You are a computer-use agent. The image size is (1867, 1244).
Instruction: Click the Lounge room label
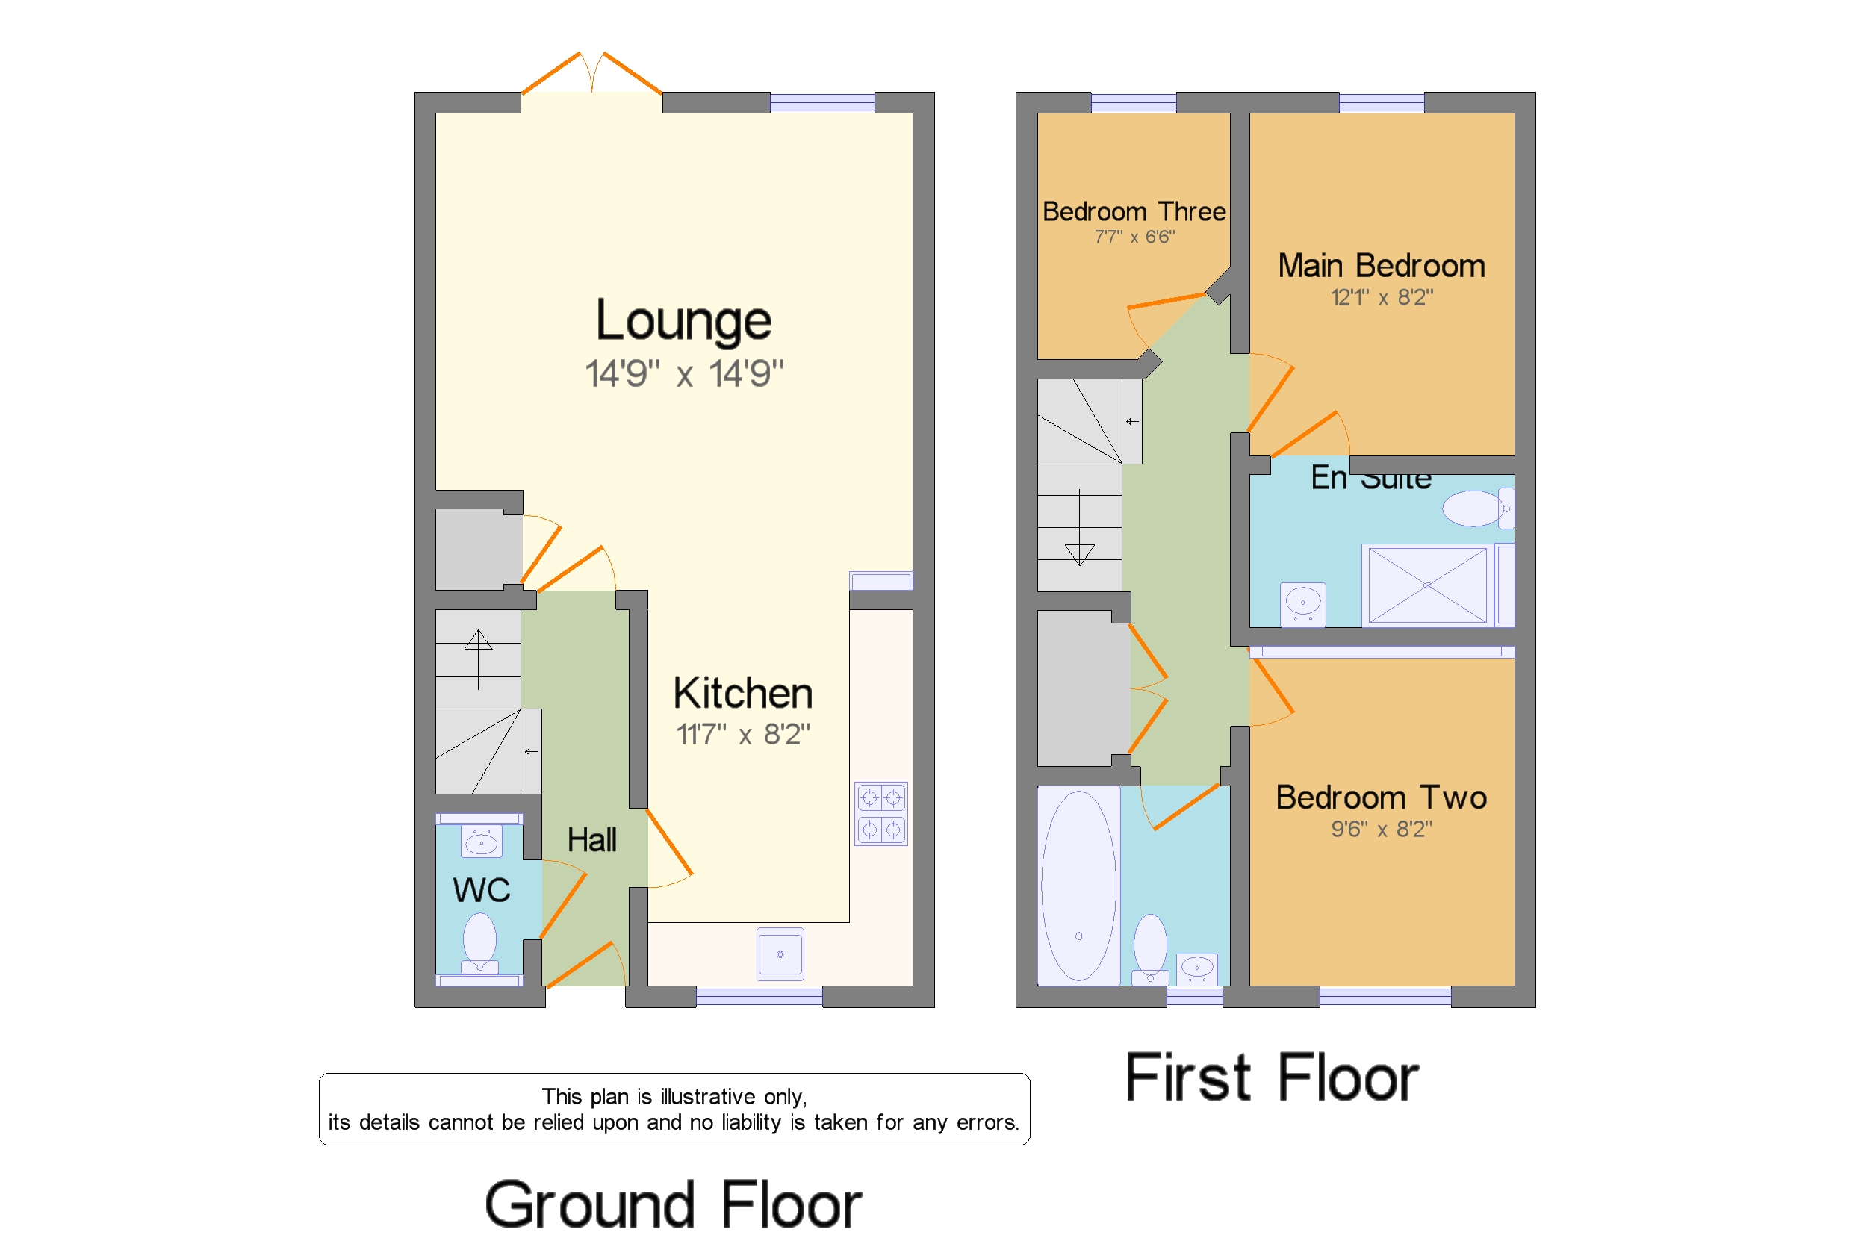click(683, 320)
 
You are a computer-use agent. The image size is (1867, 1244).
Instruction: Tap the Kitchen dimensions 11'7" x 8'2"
click(742, 735)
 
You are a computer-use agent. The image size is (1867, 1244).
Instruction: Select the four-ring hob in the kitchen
click(880, 813)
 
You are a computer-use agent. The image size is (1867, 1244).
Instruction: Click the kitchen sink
click(780, 954)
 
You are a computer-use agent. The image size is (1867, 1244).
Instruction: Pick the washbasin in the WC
click(481, 841)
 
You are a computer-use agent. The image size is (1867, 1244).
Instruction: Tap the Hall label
click(592, 840)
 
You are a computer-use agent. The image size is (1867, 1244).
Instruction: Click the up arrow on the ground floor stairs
click(479, 659)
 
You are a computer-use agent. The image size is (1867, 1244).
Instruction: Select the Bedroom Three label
click(1134, 212)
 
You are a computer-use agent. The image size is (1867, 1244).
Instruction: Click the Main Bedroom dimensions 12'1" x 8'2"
click(1382, 297)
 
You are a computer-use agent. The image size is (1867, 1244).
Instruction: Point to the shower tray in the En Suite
click(1427, 585)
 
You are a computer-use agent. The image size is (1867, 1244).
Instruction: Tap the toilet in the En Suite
click(1478, 509)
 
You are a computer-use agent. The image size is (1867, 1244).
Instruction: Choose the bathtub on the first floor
click(1079, 886)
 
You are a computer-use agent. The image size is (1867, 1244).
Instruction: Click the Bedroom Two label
click(1382, 797)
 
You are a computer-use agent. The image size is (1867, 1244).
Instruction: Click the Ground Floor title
click(673, 1204)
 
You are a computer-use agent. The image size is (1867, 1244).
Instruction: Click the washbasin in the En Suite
click(1303, 605)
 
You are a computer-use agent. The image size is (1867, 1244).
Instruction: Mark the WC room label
click(482, 890)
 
